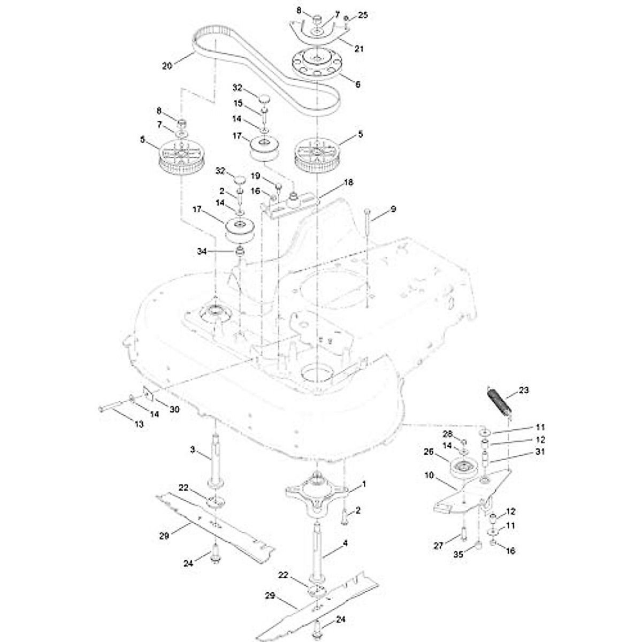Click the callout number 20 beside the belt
coord(167,66)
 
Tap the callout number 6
coord(358,84)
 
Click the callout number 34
coord(202,251)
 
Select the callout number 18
coord(348,182)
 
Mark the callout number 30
coord(174,409)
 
